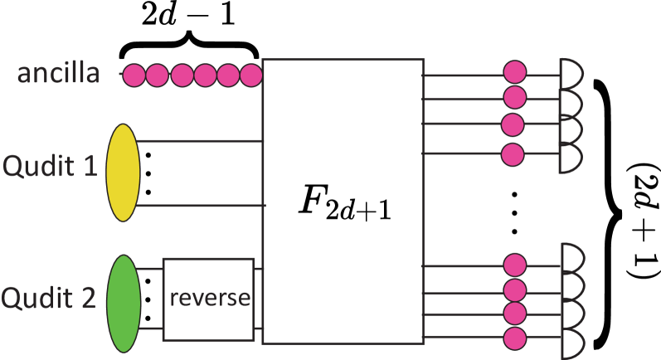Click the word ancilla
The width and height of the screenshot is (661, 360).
pos(59,74)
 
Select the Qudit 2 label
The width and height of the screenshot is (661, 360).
pos(49,297)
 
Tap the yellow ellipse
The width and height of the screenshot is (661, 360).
pos(123,173)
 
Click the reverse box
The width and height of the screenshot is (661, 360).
pos(208,299)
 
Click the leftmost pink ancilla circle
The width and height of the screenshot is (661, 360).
pos(134,75)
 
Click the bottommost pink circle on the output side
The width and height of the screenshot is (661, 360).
pos(515,338)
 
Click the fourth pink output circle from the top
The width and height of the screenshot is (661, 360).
pos(513,154)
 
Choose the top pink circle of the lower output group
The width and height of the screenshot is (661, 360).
pos(515,265)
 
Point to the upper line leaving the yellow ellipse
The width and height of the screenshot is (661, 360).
pos(199,141)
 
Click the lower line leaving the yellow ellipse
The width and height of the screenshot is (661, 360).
pos(199,205)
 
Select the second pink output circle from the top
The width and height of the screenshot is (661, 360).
pos(515,97)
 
